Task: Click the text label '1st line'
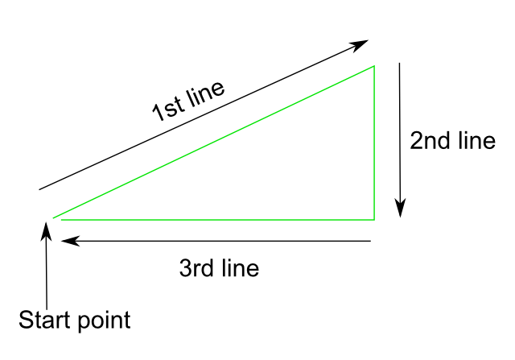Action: (189, 101)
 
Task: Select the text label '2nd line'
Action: (452, 141)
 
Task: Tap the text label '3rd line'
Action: (219, 267)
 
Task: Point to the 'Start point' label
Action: (74, 320)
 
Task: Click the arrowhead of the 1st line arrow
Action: (362, 43)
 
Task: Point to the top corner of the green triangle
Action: (374, 66)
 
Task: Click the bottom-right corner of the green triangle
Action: (374, 218)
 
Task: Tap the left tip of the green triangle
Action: (54, 217)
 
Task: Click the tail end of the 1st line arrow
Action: (39, 189)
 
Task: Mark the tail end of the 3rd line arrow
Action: (370, 240)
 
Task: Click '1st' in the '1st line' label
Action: (166, 110)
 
